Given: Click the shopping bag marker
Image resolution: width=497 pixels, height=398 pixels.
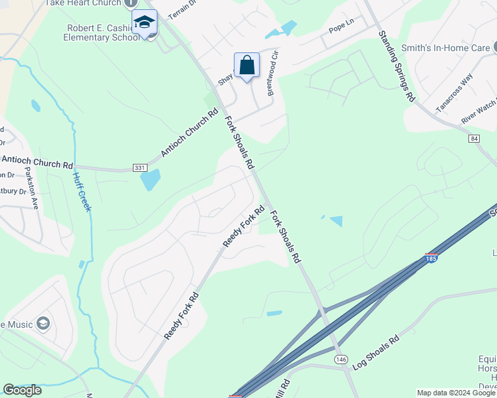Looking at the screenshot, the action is coord(247,66).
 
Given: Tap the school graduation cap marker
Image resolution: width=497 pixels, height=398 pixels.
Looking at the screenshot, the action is coord(144,23).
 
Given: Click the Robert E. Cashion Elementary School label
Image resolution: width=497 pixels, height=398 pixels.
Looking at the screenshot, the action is coord(103,33).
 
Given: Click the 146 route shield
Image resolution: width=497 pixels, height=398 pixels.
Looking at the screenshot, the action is coord(342,359).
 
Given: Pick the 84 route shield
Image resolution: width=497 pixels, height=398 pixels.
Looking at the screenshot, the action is coord(473,138).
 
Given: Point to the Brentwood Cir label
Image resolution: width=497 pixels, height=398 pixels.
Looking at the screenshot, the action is coord(272,74).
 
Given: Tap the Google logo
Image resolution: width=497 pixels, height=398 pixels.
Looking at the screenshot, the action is coord(23,390).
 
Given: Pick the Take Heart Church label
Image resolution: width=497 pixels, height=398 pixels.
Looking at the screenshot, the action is coord(82,3).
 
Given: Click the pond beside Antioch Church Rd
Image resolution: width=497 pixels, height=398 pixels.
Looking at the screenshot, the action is coord(150,180).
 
